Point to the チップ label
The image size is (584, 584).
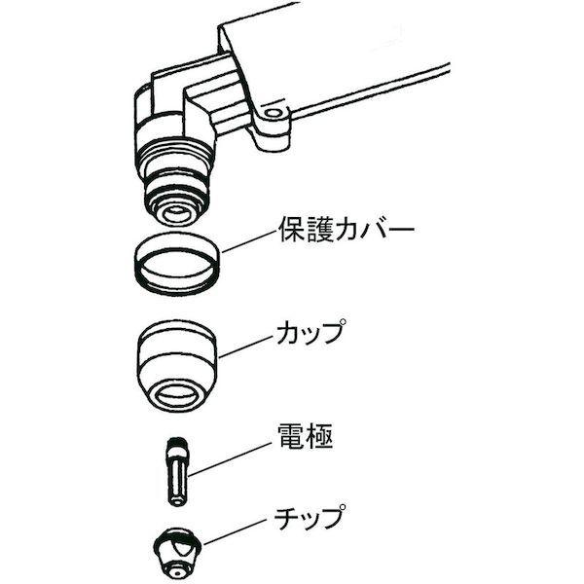(310, 518)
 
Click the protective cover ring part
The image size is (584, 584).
(176, 264)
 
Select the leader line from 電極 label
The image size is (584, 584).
(229, 456)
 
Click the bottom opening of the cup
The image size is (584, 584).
(177, 394)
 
